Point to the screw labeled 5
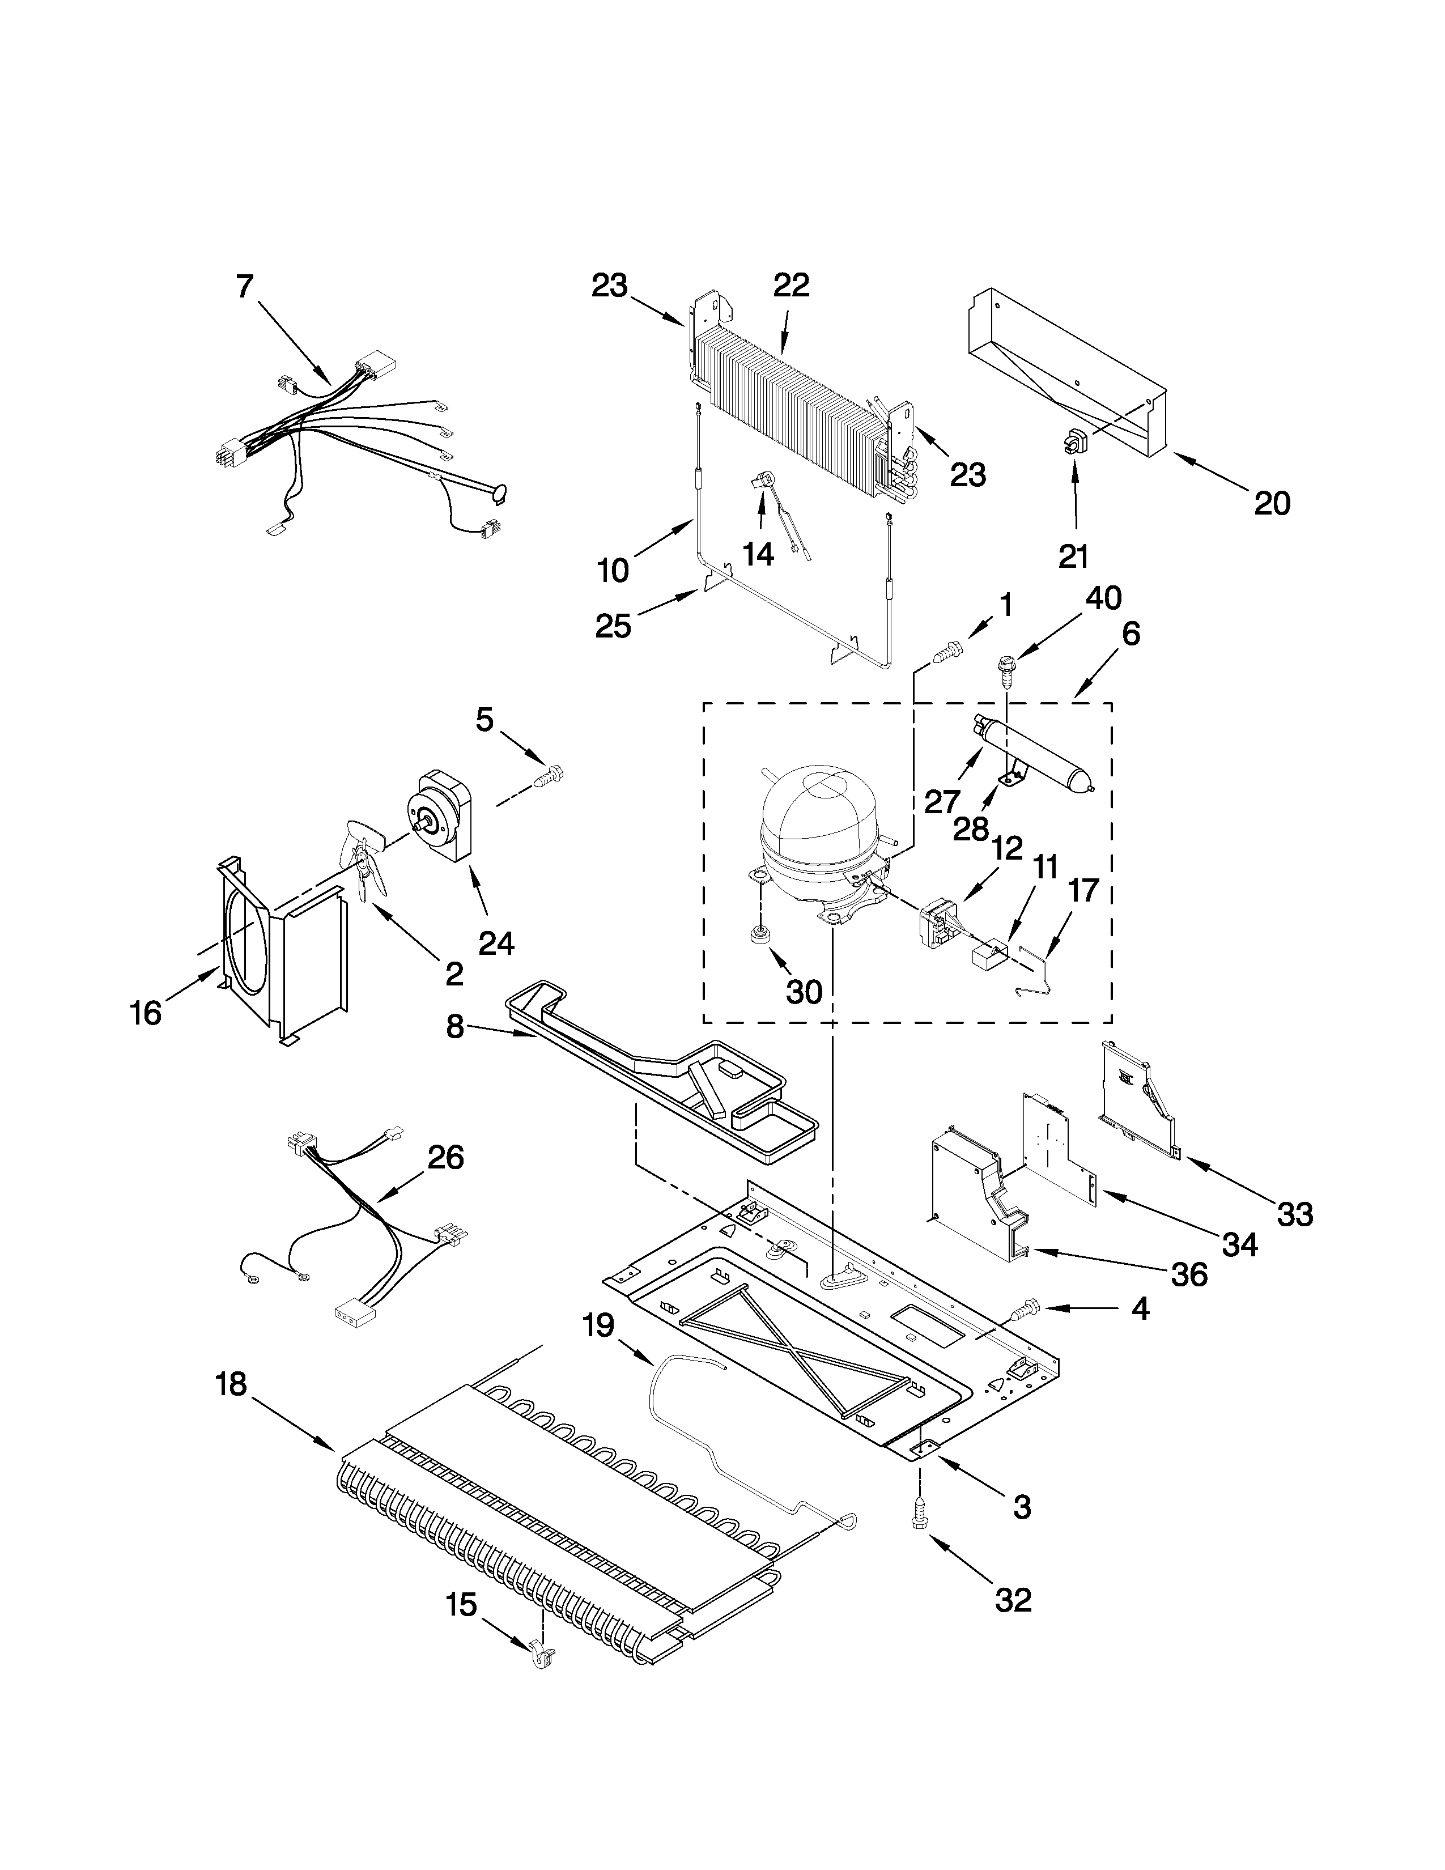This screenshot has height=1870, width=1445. pyautogui.click(x=545, y=777)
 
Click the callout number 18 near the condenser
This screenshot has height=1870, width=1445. pyautogui.click(x=231, y=1384)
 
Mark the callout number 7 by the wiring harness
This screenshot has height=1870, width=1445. pyautogui.click(x=245, y=287)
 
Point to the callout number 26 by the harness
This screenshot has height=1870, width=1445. pyautogui.click(x=445, y=1158)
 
